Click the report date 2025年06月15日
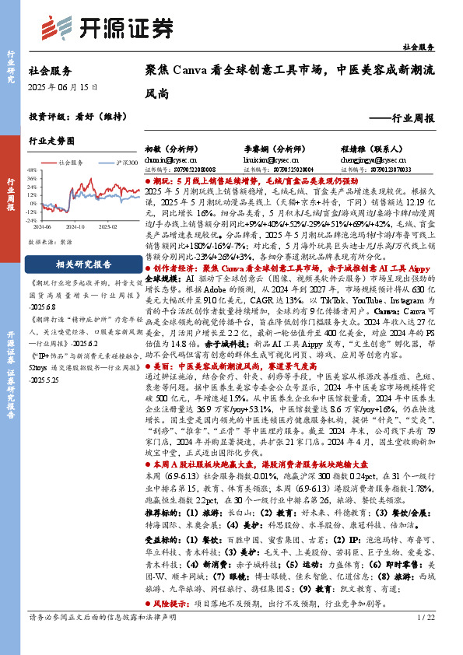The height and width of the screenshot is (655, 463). point(63,88)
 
